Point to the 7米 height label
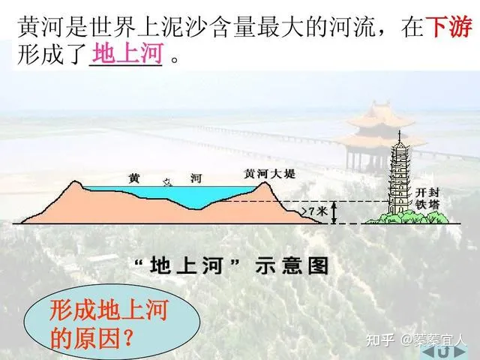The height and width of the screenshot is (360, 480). (318, 212)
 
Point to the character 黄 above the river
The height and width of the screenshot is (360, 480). (134, 178)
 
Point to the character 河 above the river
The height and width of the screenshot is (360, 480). (196, 178)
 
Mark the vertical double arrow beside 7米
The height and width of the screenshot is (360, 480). (334, 212)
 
